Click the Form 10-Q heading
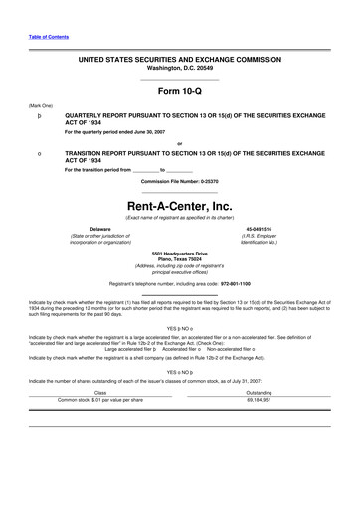[x=179, y=92]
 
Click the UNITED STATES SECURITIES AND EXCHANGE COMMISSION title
[x=179, y=61]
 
